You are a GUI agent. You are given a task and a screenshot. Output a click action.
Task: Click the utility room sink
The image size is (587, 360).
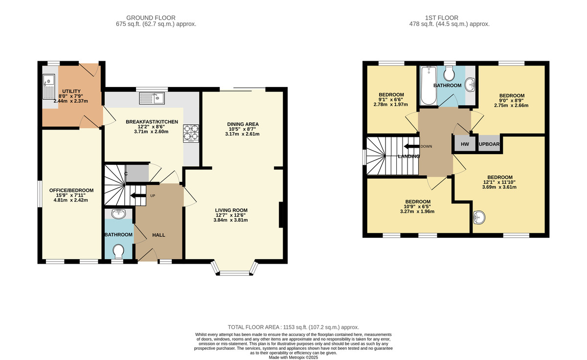coord(49,87)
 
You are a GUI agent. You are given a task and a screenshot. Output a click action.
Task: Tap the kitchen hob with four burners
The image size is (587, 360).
coord(191,134)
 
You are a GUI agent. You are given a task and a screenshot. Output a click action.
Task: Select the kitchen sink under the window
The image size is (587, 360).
coord(152,98)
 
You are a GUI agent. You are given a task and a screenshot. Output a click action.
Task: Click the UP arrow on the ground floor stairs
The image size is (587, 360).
coord(138,196)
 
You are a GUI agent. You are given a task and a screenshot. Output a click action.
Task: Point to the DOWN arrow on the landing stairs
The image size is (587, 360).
coord(412,146)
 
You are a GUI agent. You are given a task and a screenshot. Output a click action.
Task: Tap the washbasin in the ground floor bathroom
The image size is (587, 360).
coord(118,214)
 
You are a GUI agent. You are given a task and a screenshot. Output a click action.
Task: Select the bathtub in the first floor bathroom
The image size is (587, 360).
coord(429,86)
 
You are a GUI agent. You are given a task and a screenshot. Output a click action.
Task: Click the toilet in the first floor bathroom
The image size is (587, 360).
coord(450,73)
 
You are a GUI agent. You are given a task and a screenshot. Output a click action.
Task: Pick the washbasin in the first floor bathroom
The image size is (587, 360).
coord(470,85)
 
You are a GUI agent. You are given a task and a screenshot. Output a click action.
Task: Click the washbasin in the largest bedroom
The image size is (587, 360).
coord(479,218)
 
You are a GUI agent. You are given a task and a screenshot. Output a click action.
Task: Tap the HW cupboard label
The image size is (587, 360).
coord(465,144)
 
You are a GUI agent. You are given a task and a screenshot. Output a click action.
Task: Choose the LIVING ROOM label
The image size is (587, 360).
coord(231,210)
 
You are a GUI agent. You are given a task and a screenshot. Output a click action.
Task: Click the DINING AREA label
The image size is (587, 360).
coord(243,124)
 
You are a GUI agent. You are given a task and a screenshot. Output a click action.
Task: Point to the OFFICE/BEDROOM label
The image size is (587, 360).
coord(71,190)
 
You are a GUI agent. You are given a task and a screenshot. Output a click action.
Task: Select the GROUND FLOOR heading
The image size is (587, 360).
coord(151,18)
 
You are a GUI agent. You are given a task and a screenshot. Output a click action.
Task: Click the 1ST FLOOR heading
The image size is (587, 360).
coord(442,18)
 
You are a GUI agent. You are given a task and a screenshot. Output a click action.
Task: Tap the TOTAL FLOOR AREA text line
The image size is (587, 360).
coord(293,327)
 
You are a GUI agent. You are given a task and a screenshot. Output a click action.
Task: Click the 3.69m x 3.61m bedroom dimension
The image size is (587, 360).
coord(499,187)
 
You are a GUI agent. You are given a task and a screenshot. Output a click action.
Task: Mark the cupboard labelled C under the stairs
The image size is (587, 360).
coord(137,173)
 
